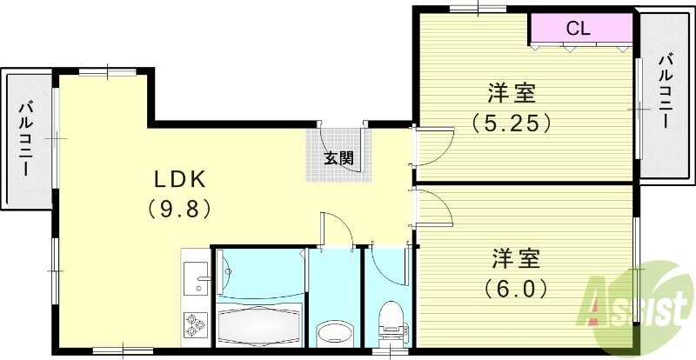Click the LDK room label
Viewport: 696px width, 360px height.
(179, 179)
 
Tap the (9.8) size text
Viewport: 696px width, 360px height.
(179, 209)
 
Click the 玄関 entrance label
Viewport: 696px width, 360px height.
(338, 158)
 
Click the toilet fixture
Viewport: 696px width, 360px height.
(392, 322)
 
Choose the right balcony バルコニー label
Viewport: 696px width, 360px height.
(666, 90)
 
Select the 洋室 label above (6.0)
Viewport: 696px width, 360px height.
(517, 258)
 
